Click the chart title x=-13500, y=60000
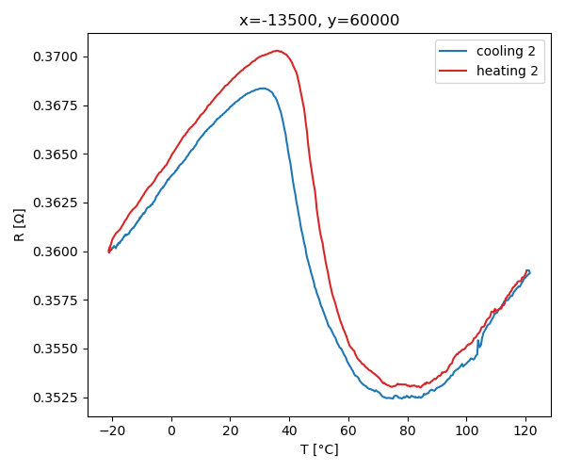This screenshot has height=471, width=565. tap(319, 20)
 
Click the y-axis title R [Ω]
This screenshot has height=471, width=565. tap(20, 224)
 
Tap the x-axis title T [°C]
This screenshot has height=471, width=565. tap(319, 449)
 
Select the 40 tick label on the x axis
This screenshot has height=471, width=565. tap(289, 430)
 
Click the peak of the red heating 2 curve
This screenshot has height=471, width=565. tap(277, 51)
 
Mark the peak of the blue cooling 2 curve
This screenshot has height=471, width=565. tap(264, 89)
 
